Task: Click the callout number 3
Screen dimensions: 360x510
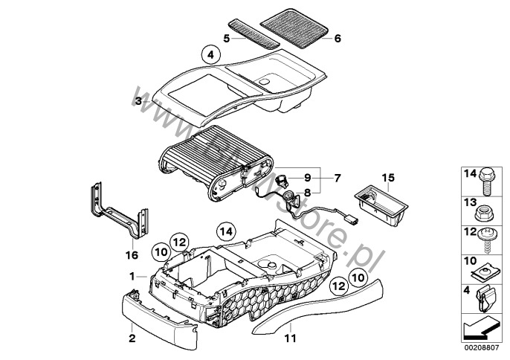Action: click(138, 100)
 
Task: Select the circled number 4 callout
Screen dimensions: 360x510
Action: click(210, 54)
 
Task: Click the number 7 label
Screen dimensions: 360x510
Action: click(337, 179)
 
